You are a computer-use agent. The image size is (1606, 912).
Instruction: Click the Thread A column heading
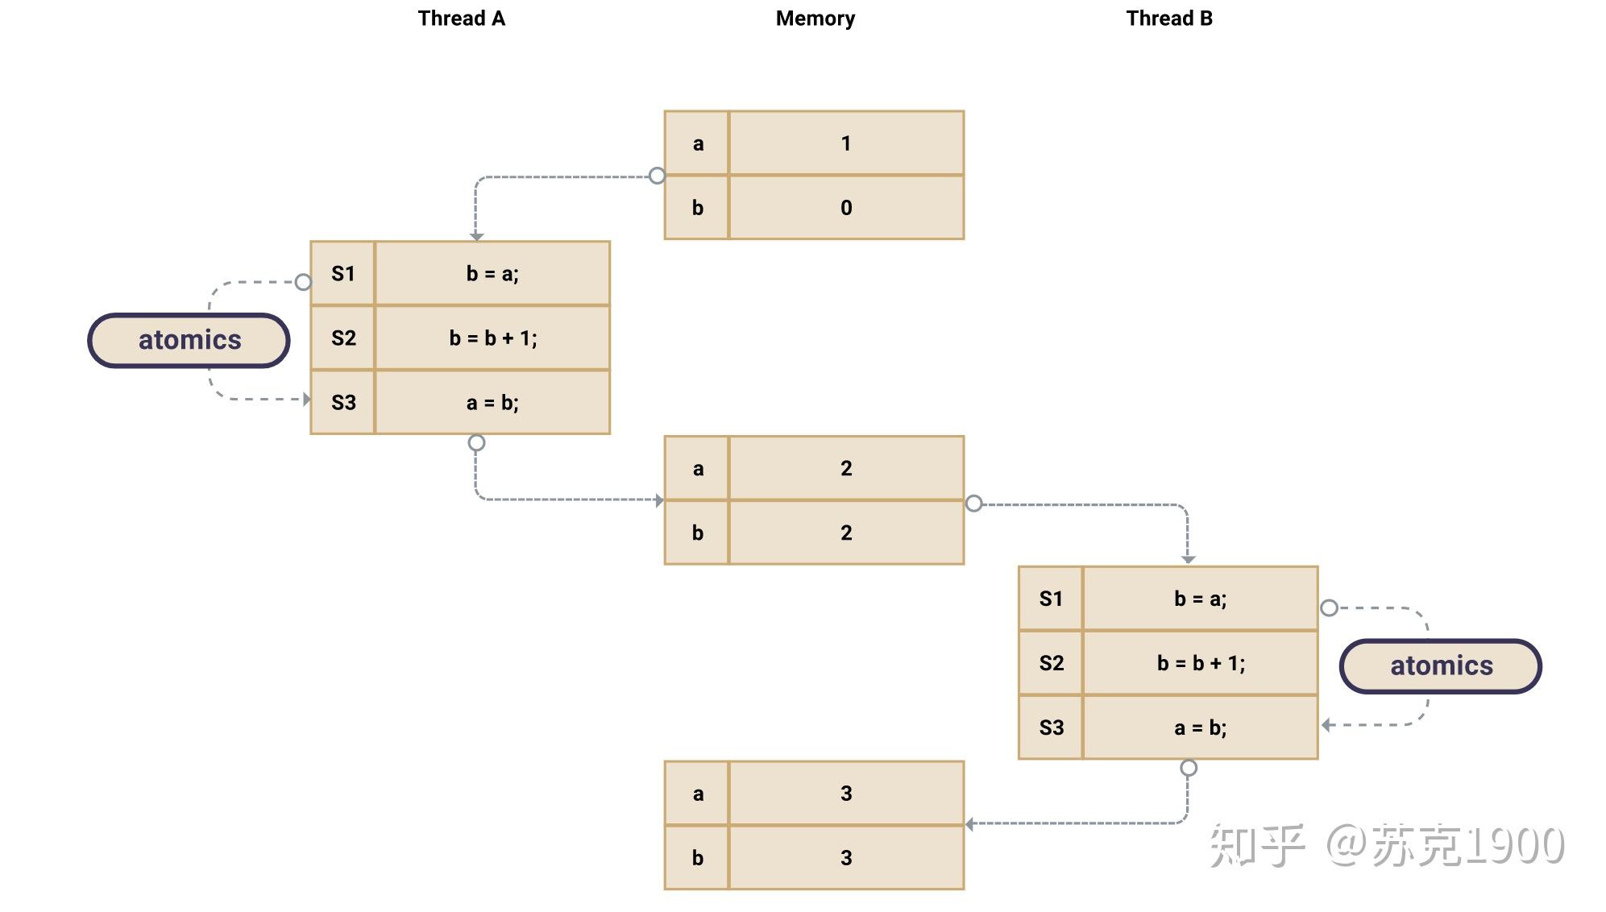pyautogui.click(x=462, y=19)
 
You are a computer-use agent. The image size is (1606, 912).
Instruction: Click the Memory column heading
pyautogui.click(x=815, y=19)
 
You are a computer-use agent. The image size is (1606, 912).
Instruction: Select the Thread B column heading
pyautogui.click(x=1169, y=19)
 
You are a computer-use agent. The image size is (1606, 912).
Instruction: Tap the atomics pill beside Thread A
pyautogui.click(x=189, y=340)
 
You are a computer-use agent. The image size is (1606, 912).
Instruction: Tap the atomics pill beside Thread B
pyautogui.click(x=1441, y=665)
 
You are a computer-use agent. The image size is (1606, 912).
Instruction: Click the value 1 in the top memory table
pyautogui.click(x=846, y=143)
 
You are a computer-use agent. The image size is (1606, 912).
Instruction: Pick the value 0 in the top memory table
pyautogui.click(x=846, y=208)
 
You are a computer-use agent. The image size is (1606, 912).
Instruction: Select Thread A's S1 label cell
pyautogui.click(x=343, y=274)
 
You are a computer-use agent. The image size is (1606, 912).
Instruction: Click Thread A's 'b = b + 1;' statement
pyautogui.click(x=493, y=338)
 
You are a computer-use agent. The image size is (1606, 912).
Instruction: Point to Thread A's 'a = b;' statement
pyautogui.click(x=493, y=403)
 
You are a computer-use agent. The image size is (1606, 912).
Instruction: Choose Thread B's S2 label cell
pyautogui.click(x=1052, y=663)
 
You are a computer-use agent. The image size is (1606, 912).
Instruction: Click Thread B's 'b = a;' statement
pyautogui.click(x=1201, y=599)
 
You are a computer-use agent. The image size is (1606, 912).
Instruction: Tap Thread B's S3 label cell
pyautogui.click(x=1052, y=728)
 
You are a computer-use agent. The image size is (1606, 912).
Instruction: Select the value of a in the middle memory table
pyautogui.click(x=846, y=468)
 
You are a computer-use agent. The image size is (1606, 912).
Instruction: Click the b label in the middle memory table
pyautogui.click(x=698, y=533)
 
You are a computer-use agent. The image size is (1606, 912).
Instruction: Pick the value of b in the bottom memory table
pyautogui.click(x=846, y=858)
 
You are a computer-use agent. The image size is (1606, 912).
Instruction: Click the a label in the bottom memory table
pyautogui.click(x=698, y=794)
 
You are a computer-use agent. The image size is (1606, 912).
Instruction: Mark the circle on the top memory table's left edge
pyautogui.click(x=658, y=176)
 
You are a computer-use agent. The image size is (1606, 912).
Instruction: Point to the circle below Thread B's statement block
pyautogui.click(x=1189, y=768)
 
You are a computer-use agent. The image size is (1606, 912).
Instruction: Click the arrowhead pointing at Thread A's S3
pyautogui.click(x=306, y=399)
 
